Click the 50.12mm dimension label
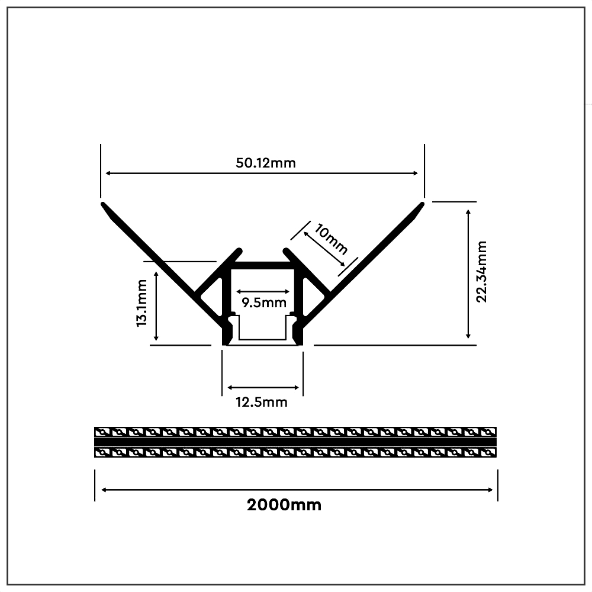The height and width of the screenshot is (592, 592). coord(265,163)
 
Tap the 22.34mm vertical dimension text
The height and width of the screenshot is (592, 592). coord(481,272)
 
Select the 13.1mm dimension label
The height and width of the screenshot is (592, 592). coord(142,303)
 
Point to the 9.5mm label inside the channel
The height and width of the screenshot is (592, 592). coord(263,303)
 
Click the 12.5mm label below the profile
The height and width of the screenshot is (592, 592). coord(262,403)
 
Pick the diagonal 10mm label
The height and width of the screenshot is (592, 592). coord(330,238)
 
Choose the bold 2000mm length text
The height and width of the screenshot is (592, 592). coord(284,505)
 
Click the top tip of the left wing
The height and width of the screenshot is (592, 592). coord(104,205)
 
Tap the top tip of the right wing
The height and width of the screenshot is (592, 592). coord(422,205)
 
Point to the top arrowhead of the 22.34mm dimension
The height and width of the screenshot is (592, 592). coord(468,211)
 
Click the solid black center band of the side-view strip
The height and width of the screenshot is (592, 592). coord(296,442)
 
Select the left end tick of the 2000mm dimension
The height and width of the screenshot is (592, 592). coord(95,485)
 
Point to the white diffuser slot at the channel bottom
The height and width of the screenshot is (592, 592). coord(263,341)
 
